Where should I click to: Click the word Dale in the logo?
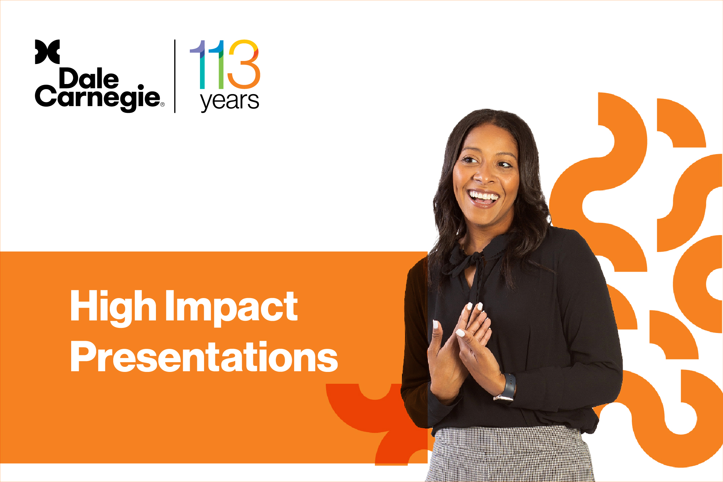coord(89,79)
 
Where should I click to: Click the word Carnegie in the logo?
coord(97,99)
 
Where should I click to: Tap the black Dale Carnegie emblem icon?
coord(47,52)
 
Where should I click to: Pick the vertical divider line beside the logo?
coord(175,76)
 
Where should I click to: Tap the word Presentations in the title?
coord(204,357)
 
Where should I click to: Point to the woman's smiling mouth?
coord(483,198)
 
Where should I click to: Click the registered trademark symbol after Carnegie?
coord(162,104)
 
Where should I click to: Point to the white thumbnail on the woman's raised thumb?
coord(436,324)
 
